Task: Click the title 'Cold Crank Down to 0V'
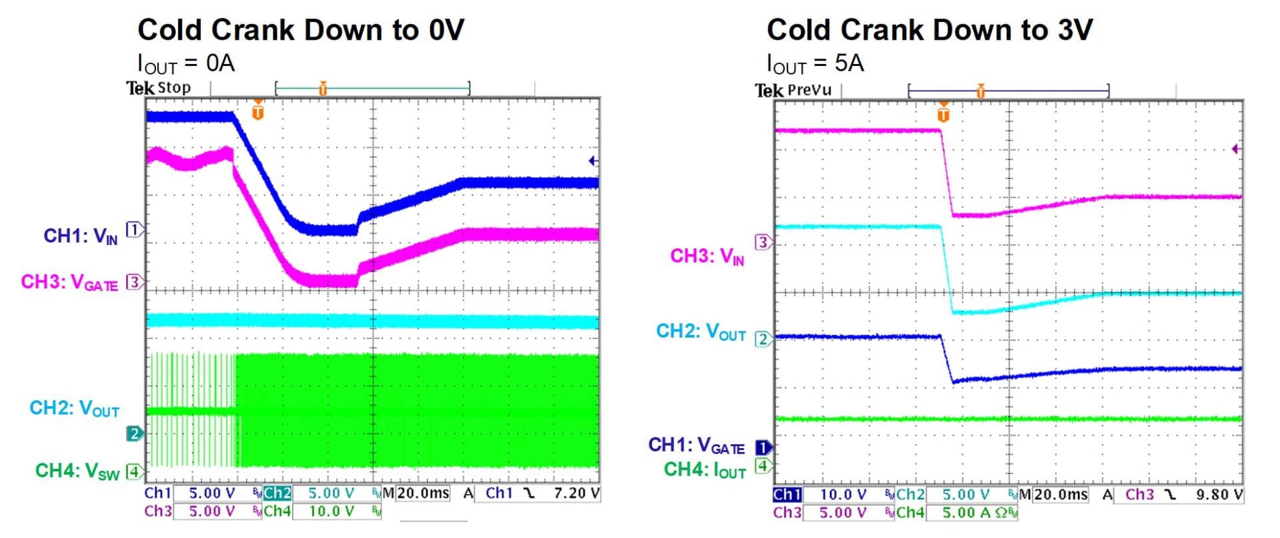301,30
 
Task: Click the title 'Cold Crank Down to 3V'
929,30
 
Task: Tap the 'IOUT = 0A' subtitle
186,64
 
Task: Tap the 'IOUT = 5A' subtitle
815,64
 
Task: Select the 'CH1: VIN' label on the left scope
81,236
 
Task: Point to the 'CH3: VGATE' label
69,283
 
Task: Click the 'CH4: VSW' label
77,471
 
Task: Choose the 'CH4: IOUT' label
705,470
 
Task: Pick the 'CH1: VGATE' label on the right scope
696,445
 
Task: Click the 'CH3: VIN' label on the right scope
707,256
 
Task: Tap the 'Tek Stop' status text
159,88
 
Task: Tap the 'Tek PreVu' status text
793,90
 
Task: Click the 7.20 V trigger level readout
576,493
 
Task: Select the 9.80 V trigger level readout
1219,495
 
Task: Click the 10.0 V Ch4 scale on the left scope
331,511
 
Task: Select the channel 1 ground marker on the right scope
763,447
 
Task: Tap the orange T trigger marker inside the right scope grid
943,113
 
